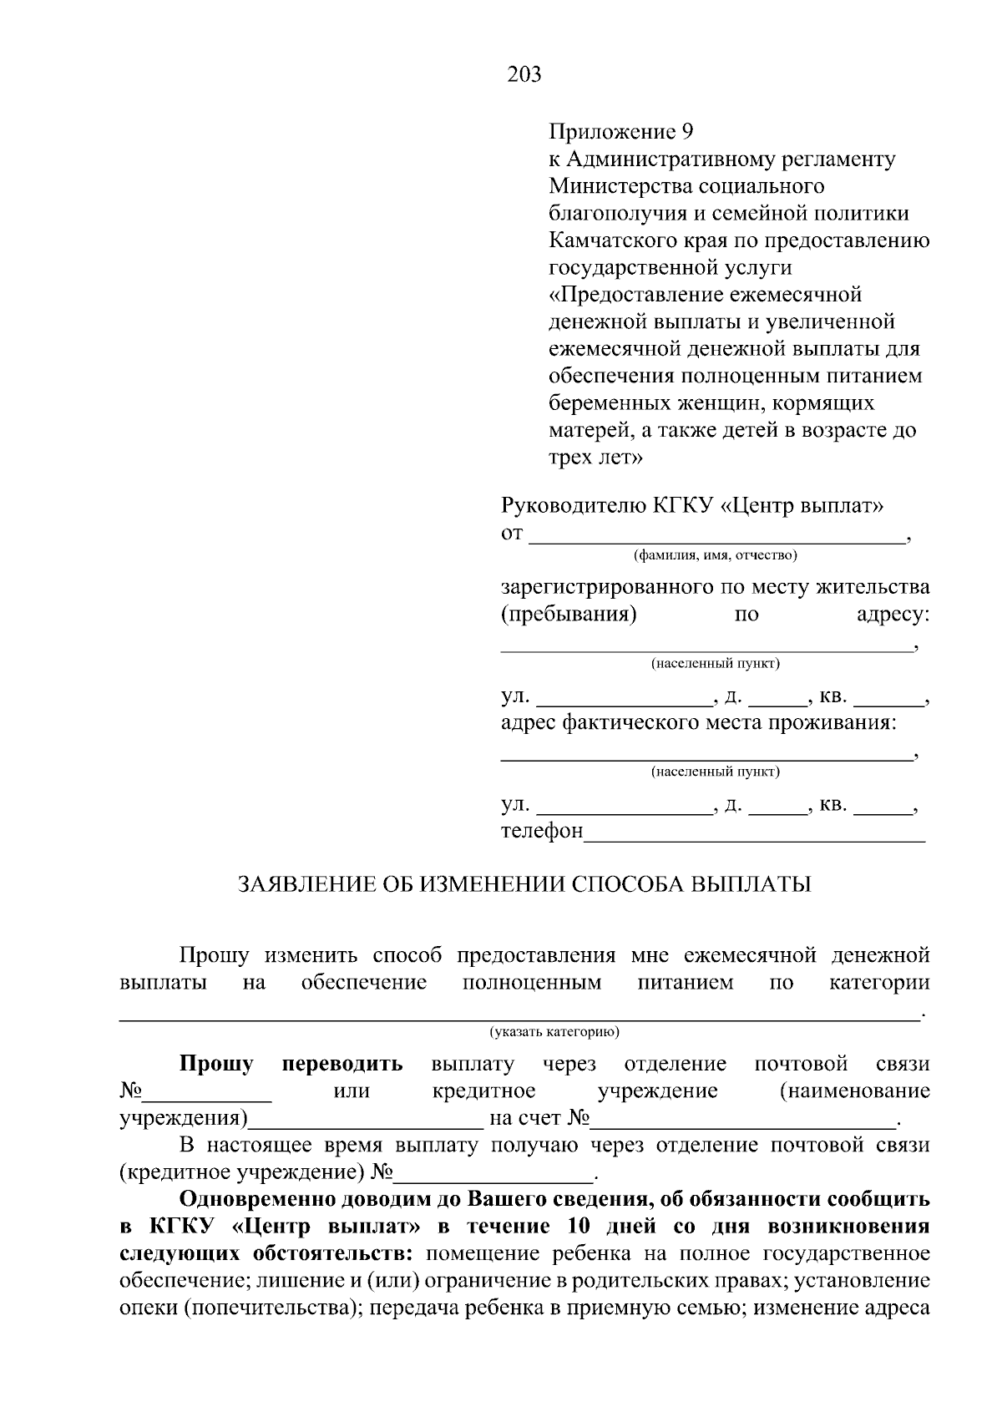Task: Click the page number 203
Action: click(524, 75)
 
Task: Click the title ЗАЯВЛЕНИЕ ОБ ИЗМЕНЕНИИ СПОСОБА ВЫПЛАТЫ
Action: click(524, 884)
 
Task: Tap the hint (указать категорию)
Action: click(554, 1032)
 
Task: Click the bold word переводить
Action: click(342, 1064)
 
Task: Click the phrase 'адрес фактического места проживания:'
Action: click(698, 722)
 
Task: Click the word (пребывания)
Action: click(569, 615)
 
